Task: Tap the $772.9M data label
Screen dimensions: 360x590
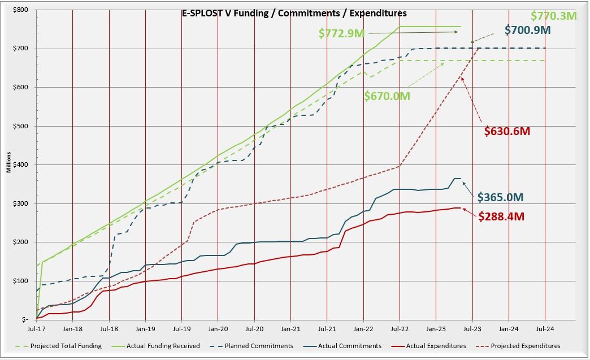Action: click(x=342, y=33)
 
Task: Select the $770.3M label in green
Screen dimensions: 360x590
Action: click(x=553, y=16)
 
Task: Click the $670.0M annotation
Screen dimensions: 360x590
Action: click(x=387, y=96)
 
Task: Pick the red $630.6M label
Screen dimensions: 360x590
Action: click(x=507, y=131)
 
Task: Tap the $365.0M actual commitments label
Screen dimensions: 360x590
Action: click(x=501, y=197)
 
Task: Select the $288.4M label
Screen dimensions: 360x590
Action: click(x=502, y=215)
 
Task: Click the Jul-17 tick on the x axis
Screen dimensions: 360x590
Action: click(x=37, y=328)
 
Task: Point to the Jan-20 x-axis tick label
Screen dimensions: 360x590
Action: click(x=218, y=328)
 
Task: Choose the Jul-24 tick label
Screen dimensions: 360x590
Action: click(x=545, y=328)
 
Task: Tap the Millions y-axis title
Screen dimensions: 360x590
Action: click(x=9, y=165)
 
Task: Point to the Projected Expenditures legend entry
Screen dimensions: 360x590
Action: click(x=526, y=346)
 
